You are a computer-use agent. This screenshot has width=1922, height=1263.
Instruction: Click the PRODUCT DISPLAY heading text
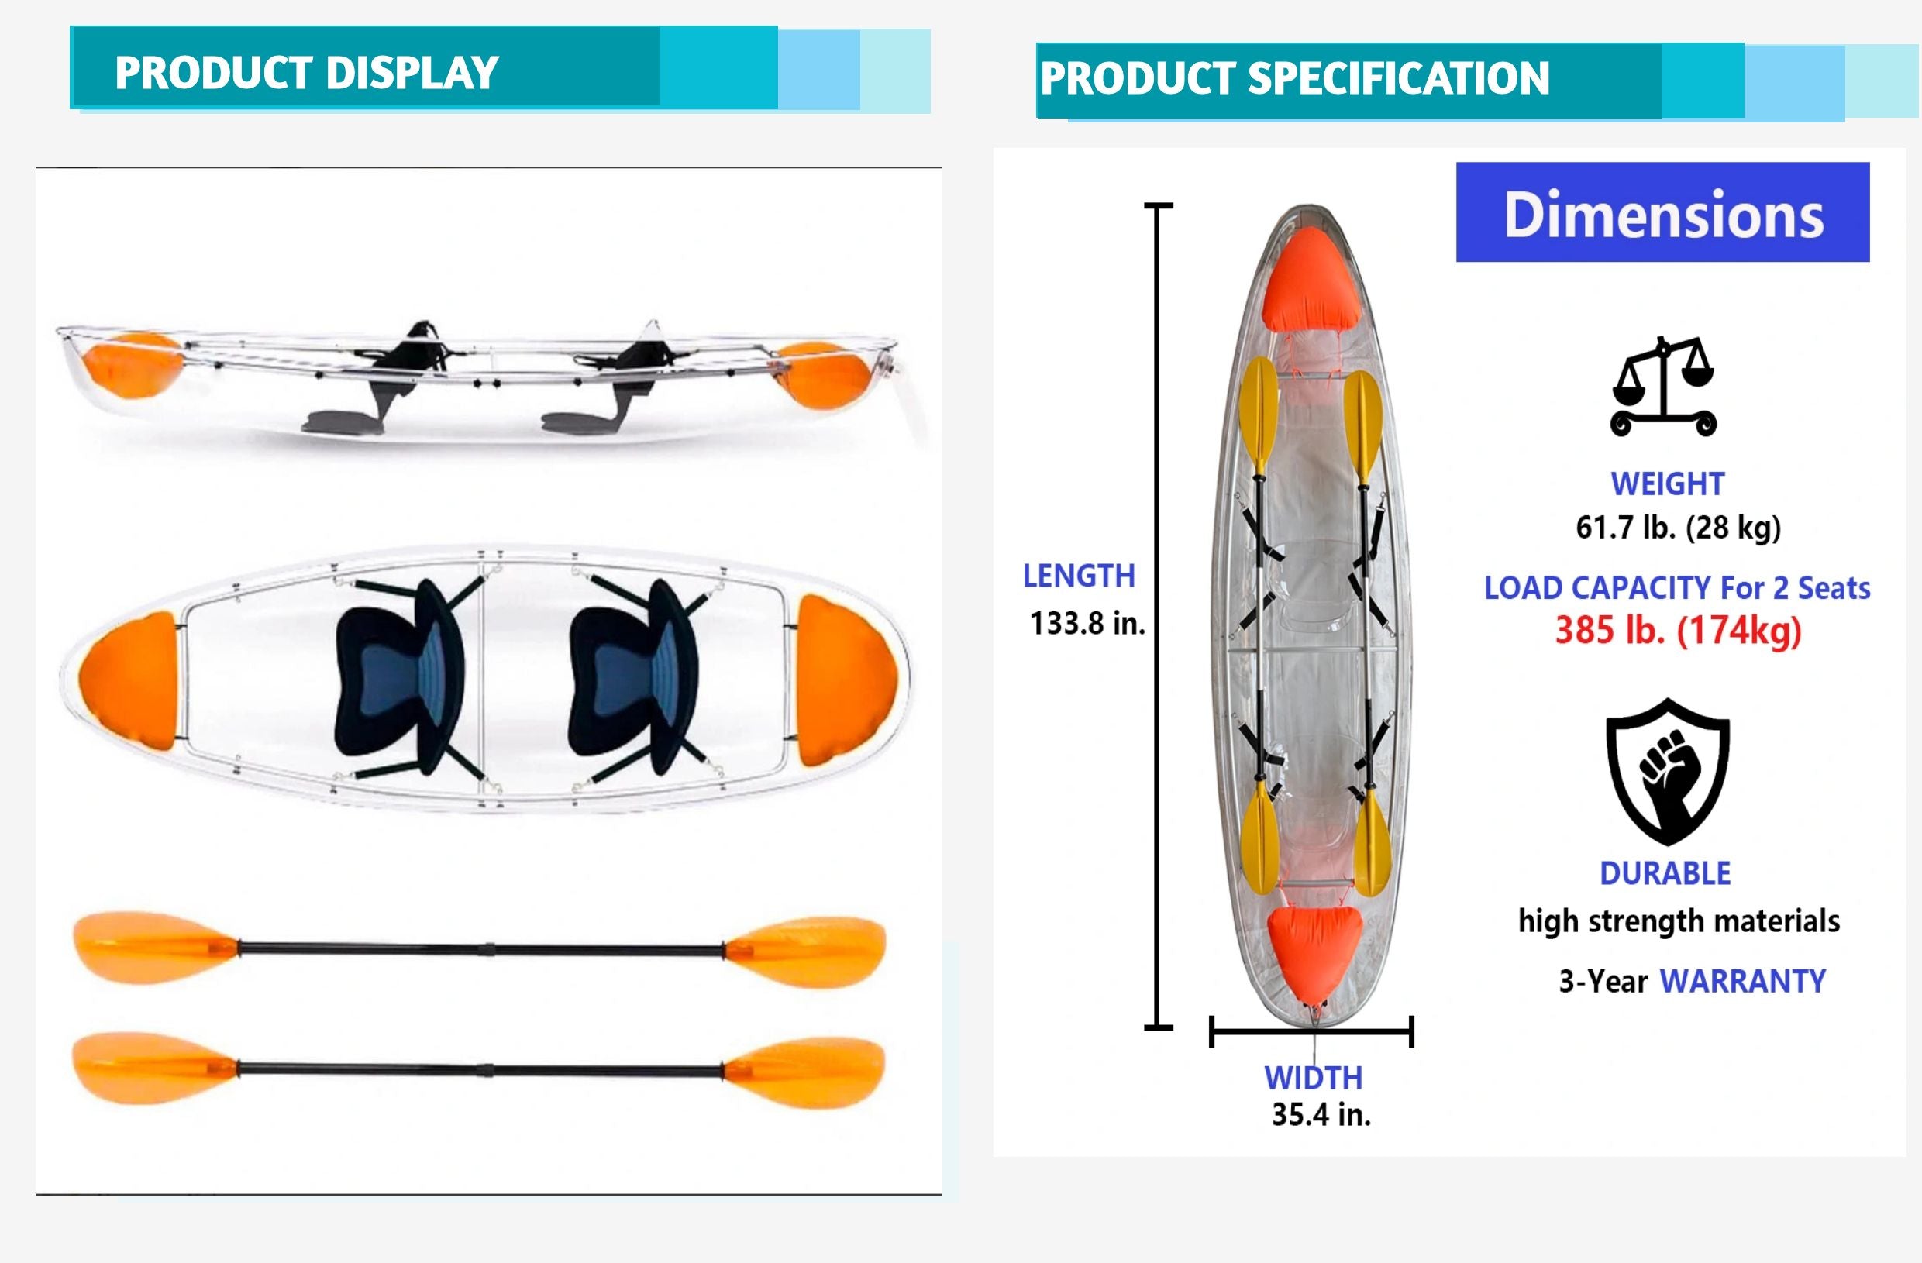pos(307,73)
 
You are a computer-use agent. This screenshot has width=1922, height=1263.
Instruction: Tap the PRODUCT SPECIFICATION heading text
pos(1295,78)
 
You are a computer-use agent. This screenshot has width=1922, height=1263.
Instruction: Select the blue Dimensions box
pos(1663,212)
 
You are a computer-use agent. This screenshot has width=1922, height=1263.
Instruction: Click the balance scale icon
pos(1664,387)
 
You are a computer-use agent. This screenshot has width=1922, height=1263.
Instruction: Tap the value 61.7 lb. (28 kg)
pos(1678,528)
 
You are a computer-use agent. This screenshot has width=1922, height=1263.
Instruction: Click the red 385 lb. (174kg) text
pos(1678,630)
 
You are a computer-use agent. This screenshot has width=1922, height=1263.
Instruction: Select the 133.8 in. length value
pos(1087,624)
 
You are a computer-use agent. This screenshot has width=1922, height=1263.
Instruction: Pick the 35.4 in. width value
pos(1321,1114)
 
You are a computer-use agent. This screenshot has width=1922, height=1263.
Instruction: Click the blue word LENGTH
pos(1079,576)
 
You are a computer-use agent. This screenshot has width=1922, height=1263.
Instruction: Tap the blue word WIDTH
pos(1313,1078)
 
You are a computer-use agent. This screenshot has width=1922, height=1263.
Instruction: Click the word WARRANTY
pos(1743,981)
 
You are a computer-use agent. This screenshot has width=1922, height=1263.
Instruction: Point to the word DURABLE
pos(1665,874)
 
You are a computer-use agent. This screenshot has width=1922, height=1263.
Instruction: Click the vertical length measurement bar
pos(1159,617)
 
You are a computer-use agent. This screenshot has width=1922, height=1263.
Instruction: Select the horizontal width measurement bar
pos(1312,1031)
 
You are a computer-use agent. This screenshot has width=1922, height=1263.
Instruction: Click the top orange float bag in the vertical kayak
pos(1310,280)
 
